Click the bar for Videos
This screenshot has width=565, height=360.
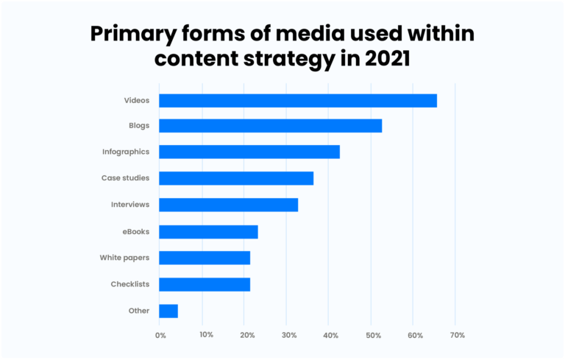tap(298, 101)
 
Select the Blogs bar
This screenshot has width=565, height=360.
tap(270, 126)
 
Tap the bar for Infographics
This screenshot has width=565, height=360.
tap(249, 152)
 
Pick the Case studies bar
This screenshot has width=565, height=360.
tap(236, 178)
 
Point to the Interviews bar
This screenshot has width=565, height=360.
tap(228, 205)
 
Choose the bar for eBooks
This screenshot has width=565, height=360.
tap(208, 232)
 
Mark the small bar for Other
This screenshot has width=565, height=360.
tap(168, 311)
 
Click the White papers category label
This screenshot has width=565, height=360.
tap(124, 258)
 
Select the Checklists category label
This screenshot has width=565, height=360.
tap(129, 284)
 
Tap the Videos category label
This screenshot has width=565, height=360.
tap(137, 99)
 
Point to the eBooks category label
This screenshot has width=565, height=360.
tap(136, 231)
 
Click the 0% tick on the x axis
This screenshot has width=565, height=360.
tap(160, 335)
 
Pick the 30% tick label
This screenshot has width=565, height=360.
tap(289, 335)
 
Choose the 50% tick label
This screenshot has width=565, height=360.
tap(374, 335)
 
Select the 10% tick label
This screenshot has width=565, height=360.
tap(206, 335)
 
